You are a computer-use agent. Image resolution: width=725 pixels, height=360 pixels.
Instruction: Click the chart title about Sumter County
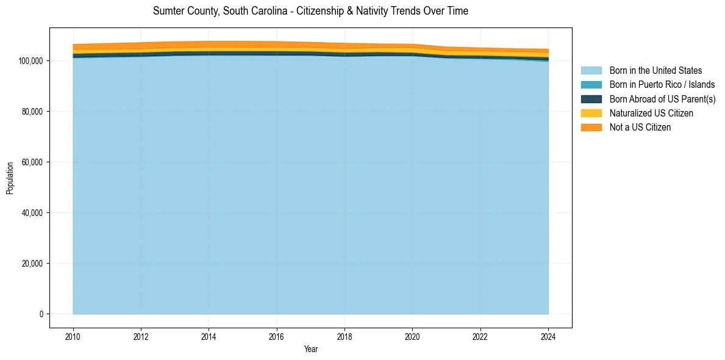[310, 11]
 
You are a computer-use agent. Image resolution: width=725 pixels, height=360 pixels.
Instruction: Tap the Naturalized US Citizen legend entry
[651, 113]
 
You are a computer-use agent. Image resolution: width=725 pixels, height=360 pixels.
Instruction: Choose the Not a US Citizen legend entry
[640, 127]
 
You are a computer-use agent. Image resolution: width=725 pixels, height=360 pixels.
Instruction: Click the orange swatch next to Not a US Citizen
[591, 127]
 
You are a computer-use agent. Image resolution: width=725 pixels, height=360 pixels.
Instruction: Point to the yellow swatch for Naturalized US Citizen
[591, 113]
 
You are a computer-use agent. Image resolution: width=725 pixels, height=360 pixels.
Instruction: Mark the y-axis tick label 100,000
[30, 61]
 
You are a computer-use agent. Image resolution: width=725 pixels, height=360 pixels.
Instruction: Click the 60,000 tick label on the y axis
[32, 162]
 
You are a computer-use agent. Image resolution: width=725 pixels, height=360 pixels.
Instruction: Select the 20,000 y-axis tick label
[32, 264]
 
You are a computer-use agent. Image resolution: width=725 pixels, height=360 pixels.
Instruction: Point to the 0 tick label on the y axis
[41, 314]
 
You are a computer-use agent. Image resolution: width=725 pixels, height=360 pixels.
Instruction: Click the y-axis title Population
[10, 178]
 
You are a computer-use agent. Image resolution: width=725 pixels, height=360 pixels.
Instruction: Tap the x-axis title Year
[310, 349]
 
